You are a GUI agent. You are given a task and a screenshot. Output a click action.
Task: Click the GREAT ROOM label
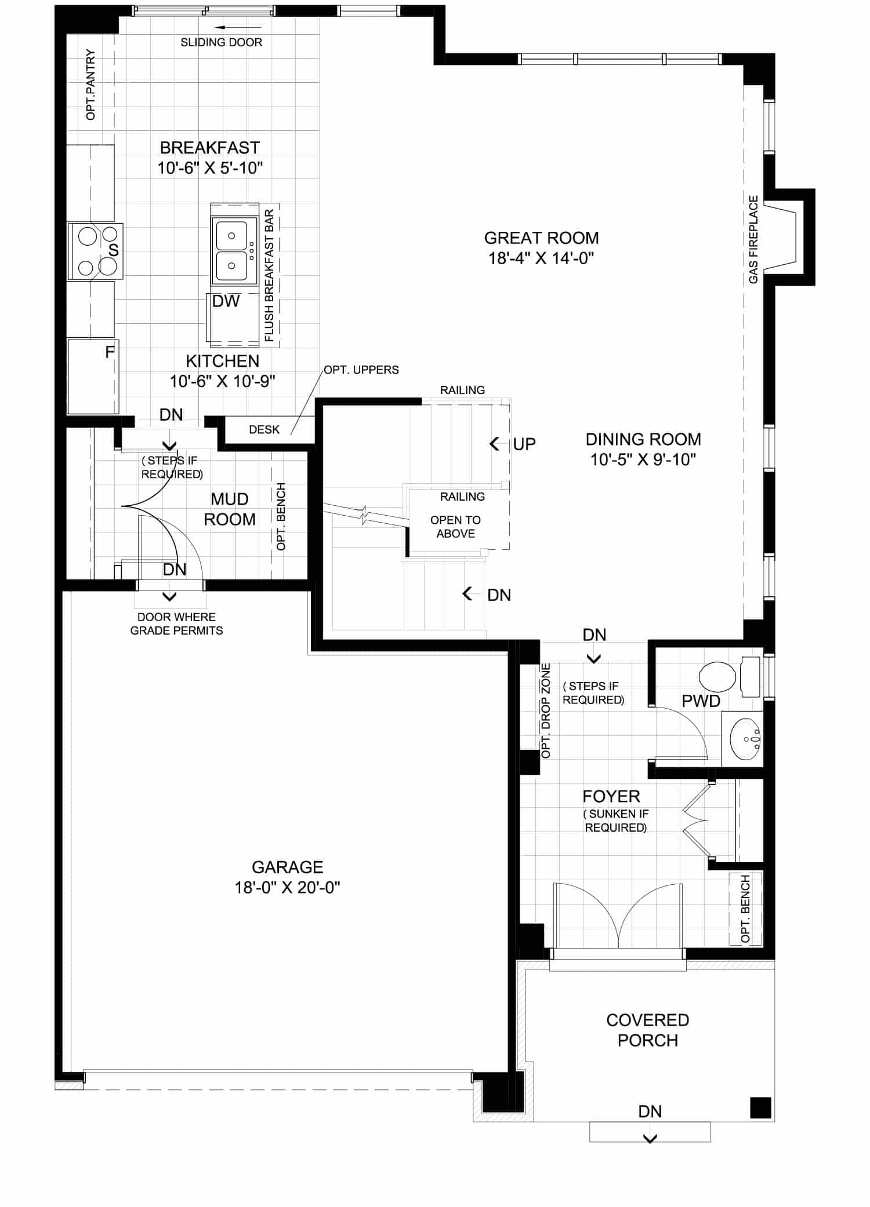tap(542, 238)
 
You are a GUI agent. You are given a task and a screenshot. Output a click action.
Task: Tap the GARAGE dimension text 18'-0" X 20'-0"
tap(287, 887)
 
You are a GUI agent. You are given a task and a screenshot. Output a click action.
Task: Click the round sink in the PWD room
tap(746, 739)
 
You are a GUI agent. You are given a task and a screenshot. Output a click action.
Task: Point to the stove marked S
tap(95, 251)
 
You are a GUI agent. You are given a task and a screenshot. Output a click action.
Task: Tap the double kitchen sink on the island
tap(234, 251)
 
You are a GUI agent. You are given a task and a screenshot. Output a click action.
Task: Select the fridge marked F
tap(93, 377)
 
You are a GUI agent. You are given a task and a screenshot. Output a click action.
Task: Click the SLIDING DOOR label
tap(222, 42)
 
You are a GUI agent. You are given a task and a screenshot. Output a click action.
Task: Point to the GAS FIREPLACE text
tap(753, 239)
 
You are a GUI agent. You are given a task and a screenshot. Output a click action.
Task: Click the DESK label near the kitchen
tap(264, 429)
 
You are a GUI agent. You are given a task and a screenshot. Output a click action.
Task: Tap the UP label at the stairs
tap(524, 444)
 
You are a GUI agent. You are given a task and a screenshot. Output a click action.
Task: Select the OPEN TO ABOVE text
tap(456, 527)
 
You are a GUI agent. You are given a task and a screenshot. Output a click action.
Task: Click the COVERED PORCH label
tap(648, 1030)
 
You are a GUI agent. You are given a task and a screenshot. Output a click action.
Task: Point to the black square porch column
tap(761, 1107)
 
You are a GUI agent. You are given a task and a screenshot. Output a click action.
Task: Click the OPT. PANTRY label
tap(90, 85)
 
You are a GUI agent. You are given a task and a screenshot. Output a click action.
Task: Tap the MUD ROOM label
tap(230, 509)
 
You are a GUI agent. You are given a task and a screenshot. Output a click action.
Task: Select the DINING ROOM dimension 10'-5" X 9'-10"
tap(643, 460)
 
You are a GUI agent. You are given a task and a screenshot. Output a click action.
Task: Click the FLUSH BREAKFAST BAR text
tap(269, 275)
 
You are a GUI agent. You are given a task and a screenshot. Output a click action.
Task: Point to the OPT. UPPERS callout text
tap(361, 370)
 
